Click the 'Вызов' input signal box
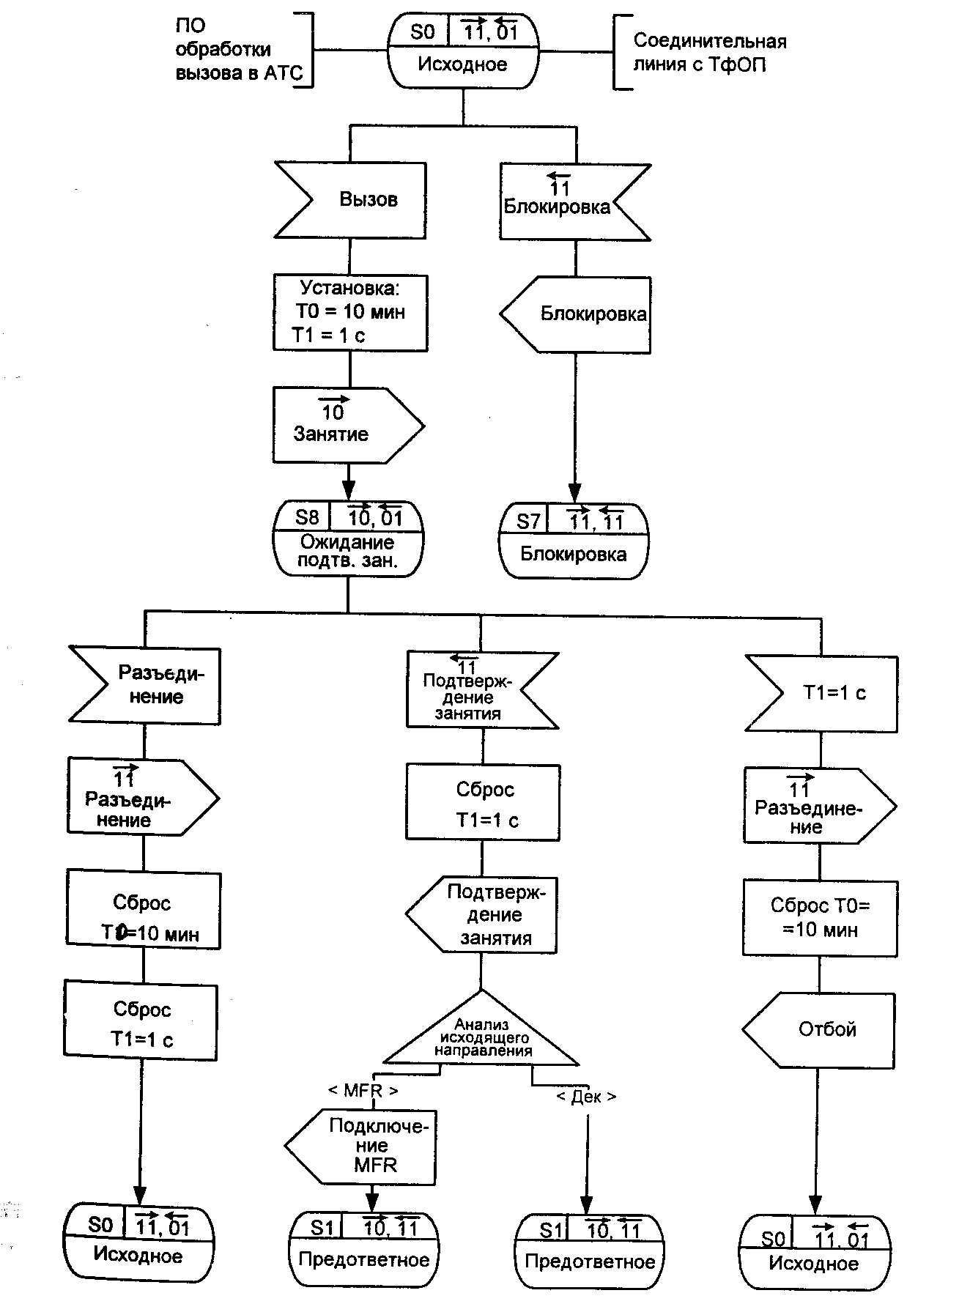click(350, 200)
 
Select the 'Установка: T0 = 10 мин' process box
click(350, 313)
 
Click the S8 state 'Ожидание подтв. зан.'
click(349, 538)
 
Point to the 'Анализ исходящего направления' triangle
click(481, 1034)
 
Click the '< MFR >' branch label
click(363, 1091)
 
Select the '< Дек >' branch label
click(586, 1097)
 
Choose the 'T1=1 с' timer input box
click(822, 693)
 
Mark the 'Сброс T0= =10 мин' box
click(820, 918)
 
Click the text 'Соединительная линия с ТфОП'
click(709, 53)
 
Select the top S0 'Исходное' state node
click(463, 51)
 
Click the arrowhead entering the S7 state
click(575, 495)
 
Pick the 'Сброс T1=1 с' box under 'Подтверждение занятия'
click(484, 803)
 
